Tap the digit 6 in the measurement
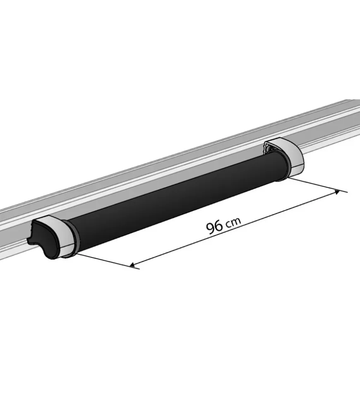(219, 226)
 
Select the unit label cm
(233, 223)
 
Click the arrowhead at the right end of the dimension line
(337, 192)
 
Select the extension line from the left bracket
(108, 261)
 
